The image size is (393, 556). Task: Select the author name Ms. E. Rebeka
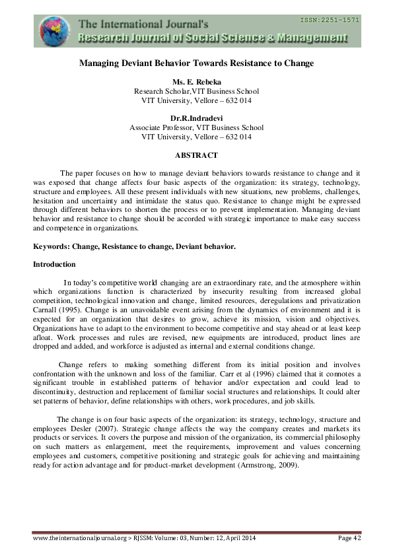(196, 82)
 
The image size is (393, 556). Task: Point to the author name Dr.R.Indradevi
(196, 118)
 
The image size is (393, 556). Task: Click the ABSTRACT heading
(196, 155)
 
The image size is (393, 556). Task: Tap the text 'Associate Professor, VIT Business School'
(196, 127)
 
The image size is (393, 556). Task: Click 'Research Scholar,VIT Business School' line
(196, 91)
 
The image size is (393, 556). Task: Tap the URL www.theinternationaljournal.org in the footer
(73, 539)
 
